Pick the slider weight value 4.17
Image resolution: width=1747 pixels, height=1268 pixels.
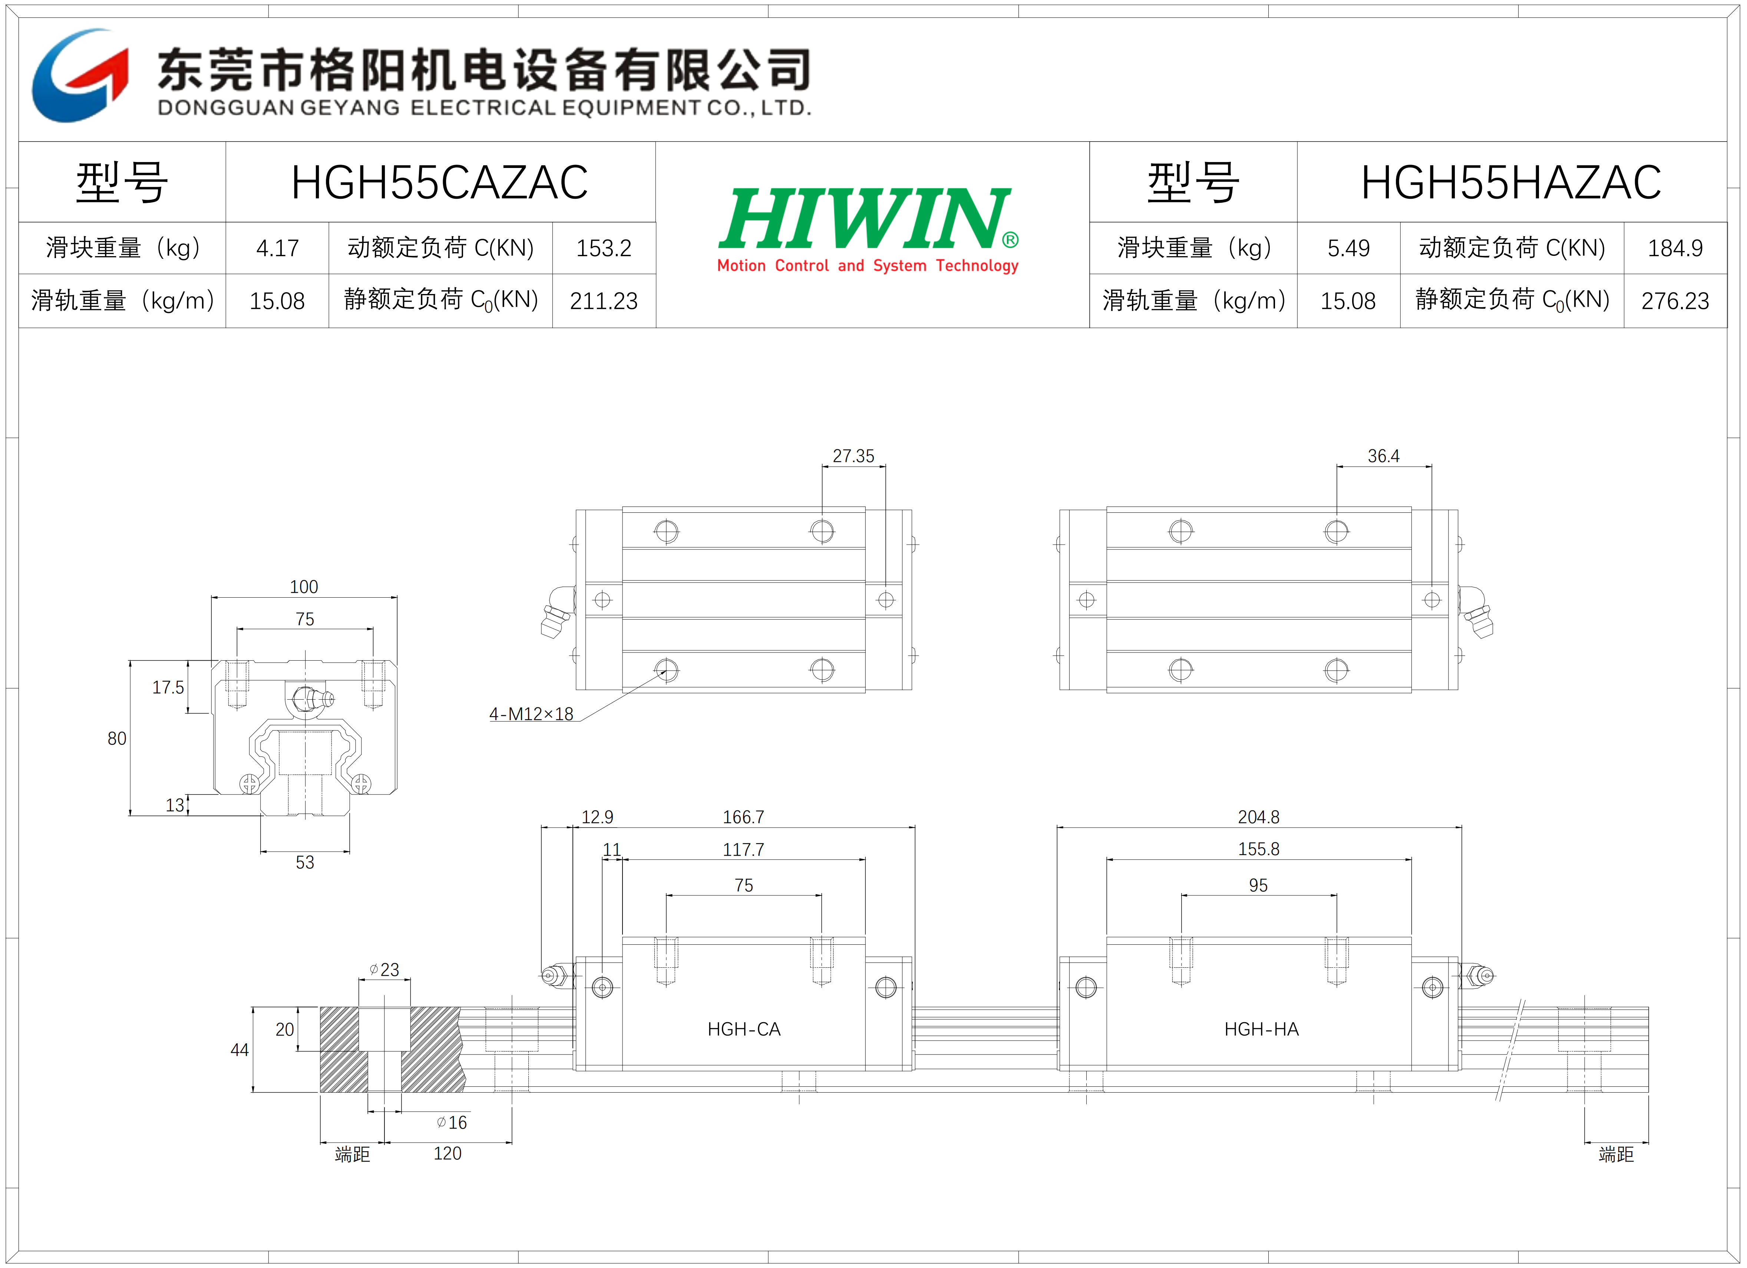pos(277,248)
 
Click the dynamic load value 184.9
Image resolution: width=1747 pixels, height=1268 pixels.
pos(1675,248)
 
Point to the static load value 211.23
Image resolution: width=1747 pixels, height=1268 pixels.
pos(604,300)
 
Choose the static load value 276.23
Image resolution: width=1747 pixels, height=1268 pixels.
pos(1675,300)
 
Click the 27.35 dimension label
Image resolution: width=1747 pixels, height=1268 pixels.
pos(853,456)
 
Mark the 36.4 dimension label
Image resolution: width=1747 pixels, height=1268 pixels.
pos(1383,456)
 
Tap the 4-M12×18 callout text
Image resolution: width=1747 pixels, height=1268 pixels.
pos(532,714)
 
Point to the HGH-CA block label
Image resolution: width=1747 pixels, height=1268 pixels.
pos(744,1029)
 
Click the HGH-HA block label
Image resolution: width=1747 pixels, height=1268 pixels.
pos(1262,1029)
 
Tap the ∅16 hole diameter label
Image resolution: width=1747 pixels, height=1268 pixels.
pos(452,1122)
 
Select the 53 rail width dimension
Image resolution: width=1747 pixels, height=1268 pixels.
pos(305,862)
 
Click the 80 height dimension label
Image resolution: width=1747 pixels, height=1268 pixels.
pos(117,738)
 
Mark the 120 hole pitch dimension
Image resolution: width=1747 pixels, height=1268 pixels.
pos(448,1153)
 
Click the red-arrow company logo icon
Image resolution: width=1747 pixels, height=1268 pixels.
pos(80,76)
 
